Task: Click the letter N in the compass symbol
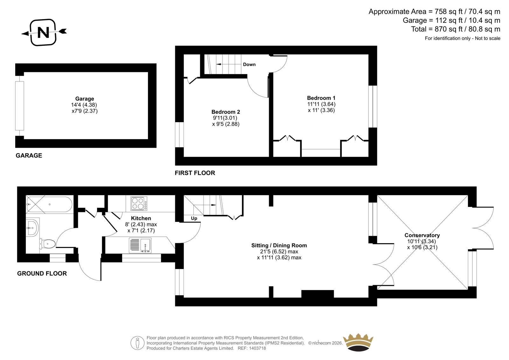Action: [43, 32]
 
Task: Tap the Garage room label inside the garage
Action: [85, 99]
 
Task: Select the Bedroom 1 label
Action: [321, 98]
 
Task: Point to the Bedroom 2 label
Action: [226, 112]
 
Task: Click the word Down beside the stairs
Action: [249, 65]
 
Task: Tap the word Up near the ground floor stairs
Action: [194, 218]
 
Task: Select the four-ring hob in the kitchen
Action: [139, 203]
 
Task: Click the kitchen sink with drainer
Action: [140, 245]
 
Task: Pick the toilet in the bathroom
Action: [48, 244]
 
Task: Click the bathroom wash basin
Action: [33, 227]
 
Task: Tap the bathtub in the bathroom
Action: [49, 204]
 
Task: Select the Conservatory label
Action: [422, 235]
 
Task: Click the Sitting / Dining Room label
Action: [279, 246]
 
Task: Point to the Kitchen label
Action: [141, 218]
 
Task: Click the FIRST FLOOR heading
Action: [195, 173]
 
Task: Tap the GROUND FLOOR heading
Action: [42, 274]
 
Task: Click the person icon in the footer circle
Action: [137, 343]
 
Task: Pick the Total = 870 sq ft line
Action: [456, 29]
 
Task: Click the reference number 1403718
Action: [257, 349]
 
